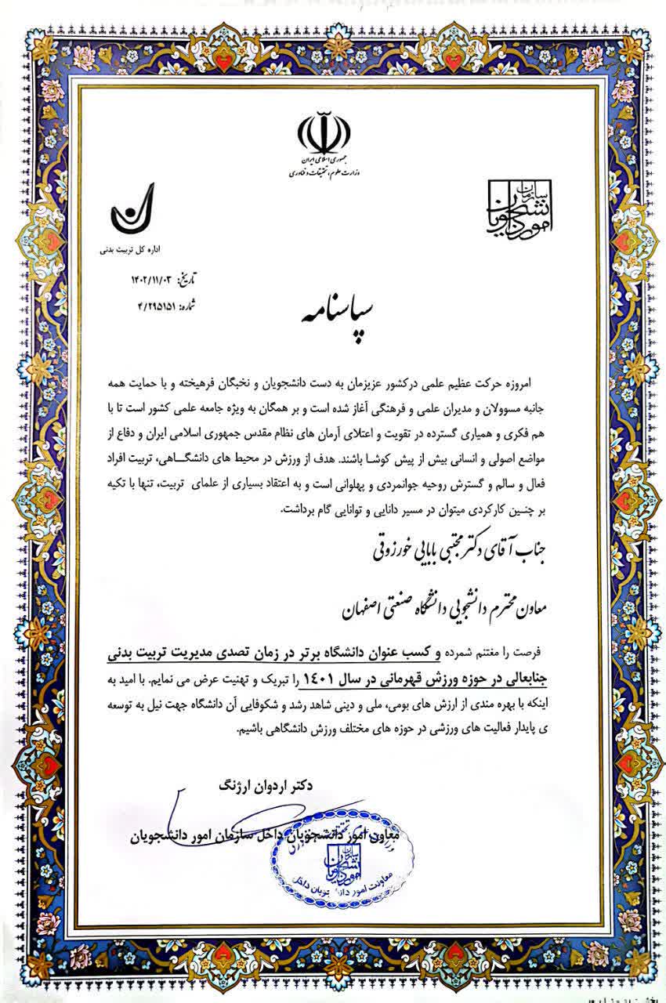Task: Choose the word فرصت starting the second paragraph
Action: coord(538,651)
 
